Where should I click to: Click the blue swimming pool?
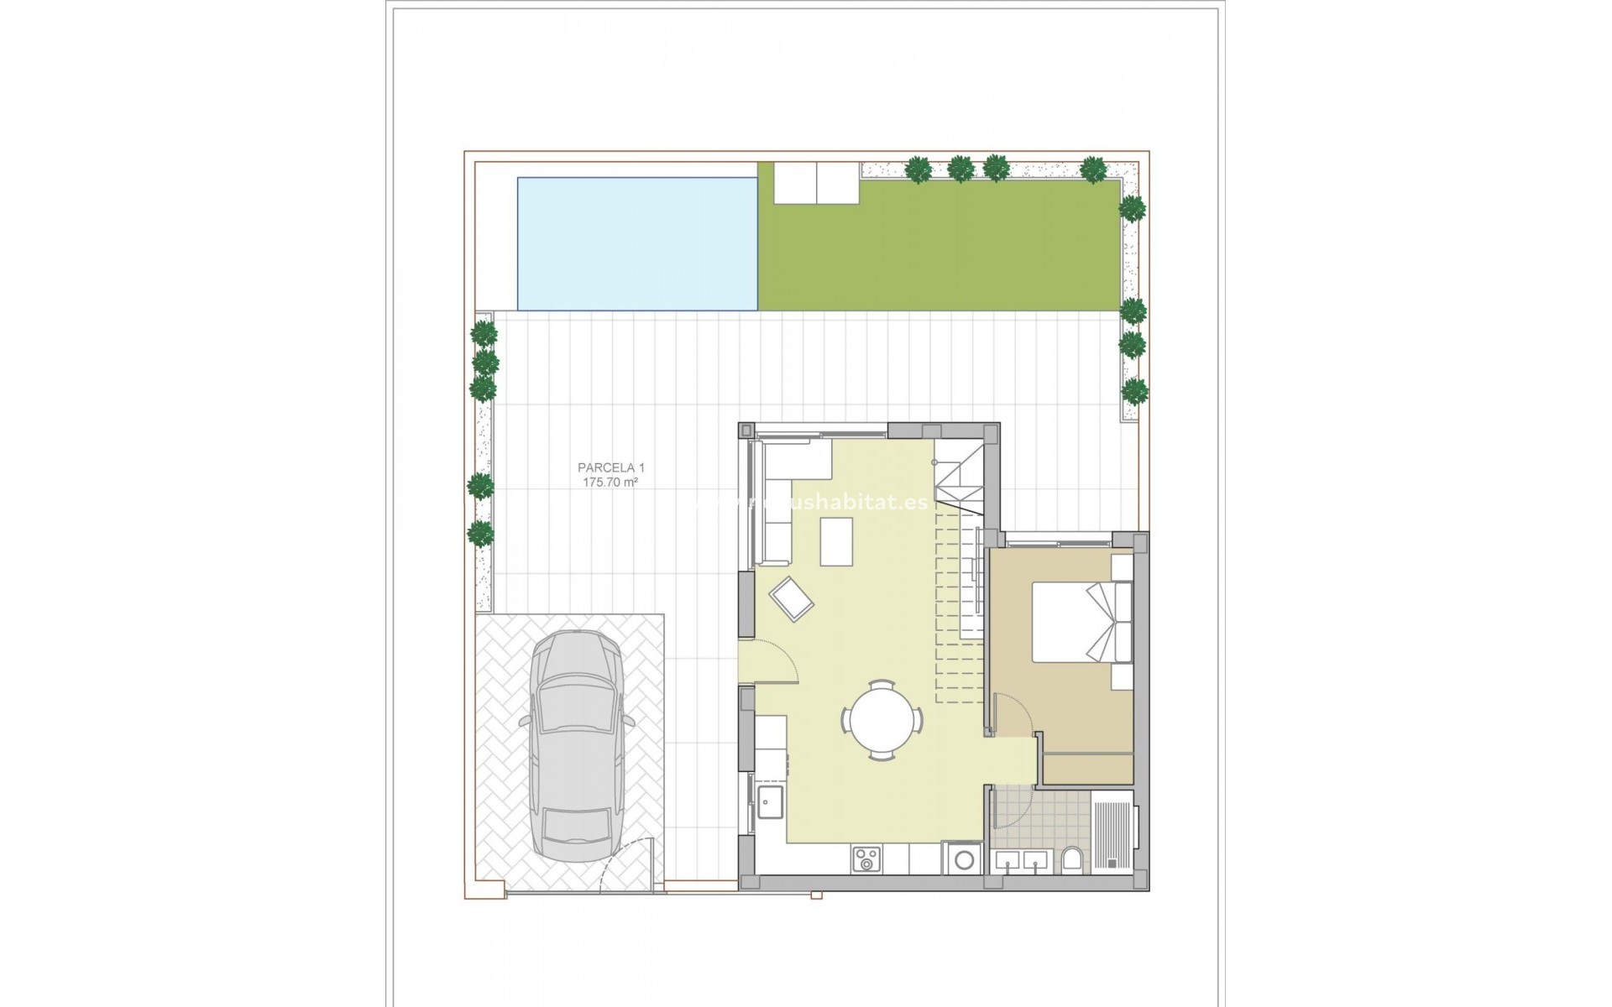[637, 243]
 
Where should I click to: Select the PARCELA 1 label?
[611, 467]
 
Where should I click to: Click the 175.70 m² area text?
[611, 483]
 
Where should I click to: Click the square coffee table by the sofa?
[836, 542]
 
